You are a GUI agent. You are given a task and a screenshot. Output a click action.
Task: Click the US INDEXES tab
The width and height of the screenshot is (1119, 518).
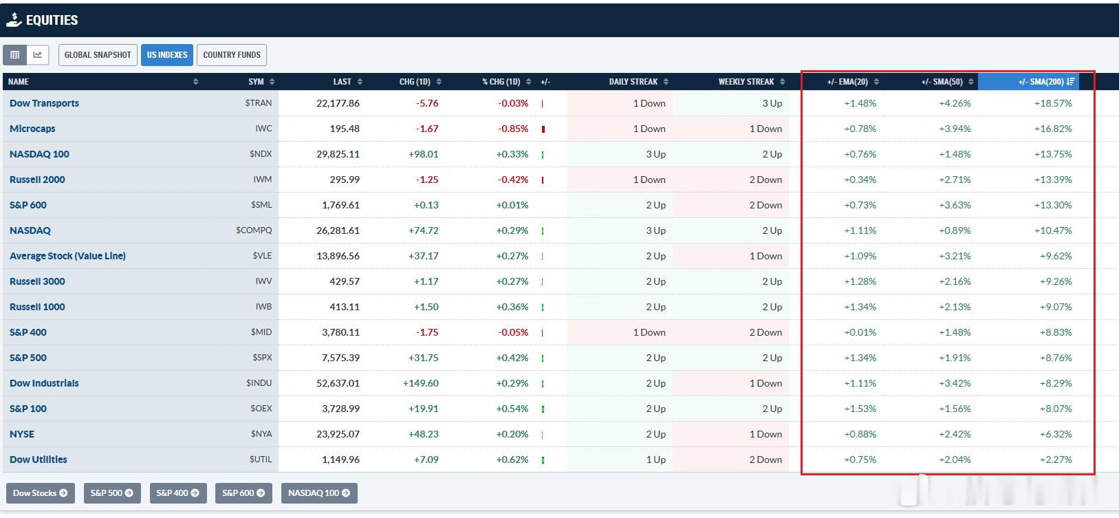(167, 55)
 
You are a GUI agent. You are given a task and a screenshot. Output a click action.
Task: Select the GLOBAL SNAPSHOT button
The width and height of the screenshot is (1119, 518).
(98, 55)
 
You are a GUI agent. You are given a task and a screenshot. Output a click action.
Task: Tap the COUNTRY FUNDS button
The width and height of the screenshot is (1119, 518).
(232, 55)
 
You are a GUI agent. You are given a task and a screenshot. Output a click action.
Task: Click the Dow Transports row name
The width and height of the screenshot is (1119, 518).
(44, 103)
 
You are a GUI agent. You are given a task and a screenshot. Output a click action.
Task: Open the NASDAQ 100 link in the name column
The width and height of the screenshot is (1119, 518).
(39, 154)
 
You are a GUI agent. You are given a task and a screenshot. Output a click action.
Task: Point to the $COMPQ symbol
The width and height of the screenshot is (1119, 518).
(254, 230)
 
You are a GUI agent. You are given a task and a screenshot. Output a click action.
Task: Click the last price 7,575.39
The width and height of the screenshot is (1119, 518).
(340, 358)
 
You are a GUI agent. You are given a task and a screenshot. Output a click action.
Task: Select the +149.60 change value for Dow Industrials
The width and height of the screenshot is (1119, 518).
(421, 383)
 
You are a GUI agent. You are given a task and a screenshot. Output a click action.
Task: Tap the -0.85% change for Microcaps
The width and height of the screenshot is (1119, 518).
(513, 129)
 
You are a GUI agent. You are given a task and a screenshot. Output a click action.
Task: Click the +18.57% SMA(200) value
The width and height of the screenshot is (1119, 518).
(1053, 103)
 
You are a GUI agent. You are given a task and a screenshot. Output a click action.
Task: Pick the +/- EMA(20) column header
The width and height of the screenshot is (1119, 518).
(847, 82)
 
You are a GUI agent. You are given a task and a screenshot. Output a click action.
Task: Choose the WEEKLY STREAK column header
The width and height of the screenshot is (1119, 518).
(746, 82)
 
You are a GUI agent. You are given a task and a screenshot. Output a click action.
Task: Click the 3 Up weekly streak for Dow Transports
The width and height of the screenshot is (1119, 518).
(772, 103)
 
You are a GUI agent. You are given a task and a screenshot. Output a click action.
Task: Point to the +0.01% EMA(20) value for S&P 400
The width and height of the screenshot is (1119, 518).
(860, 332)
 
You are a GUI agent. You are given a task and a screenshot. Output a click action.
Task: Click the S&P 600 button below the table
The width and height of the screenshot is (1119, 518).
(243, 493)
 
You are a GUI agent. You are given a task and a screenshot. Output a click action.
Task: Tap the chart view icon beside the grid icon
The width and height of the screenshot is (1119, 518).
(37, 55)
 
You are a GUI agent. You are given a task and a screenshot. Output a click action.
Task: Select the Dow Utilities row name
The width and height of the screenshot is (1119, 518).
(38, 460)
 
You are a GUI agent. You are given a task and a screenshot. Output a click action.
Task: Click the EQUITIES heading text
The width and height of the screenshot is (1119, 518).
(52, 20)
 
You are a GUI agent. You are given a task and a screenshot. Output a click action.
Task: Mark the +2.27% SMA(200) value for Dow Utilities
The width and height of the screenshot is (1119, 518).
(1056, 460)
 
